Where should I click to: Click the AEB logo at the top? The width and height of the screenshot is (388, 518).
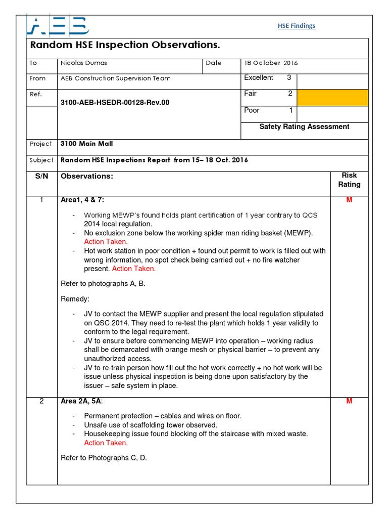58,25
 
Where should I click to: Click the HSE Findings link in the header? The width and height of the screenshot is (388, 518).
297,26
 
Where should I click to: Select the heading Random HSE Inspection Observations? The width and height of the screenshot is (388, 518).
125,45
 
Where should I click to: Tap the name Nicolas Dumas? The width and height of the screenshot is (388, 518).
84,63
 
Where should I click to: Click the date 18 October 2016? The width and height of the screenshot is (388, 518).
271,63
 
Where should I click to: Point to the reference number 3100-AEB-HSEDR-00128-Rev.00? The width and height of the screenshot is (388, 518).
115,102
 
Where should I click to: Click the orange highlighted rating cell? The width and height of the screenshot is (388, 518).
332,97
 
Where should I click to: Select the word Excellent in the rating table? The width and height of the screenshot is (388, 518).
259,78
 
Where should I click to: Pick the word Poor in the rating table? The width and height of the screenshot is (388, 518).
252,110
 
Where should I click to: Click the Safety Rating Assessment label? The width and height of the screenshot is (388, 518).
304,127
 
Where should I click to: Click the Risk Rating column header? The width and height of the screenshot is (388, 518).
349,180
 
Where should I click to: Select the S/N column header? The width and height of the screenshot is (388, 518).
41,176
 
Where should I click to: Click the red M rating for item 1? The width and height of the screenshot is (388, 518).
349,200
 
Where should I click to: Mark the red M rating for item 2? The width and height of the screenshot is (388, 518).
349,401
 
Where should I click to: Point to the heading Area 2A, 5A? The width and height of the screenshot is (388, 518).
81,402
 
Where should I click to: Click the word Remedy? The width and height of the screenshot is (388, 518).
75,299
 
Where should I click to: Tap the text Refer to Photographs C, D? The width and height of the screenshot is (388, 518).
104,458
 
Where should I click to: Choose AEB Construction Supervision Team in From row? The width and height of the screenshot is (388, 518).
115,78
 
